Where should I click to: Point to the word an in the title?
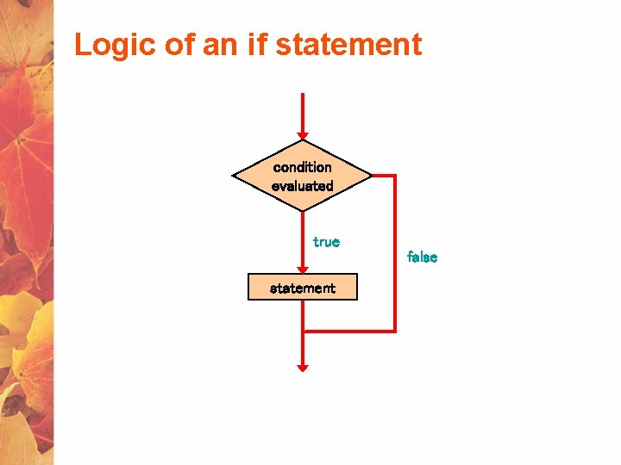[x=220, y=45]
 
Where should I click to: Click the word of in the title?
[x=180, y=45]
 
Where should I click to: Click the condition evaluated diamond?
[x=302, y=176]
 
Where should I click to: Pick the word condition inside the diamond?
[x=302, y=167]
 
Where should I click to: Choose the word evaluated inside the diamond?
[x=302, y=186]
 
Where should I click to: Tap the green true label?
[x=326, y=242]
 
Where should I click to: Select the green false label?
[x=422, y=257]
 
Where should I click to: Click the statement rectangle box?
[x=302, y=288]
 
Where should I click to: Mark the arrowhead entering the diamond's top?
[x=302, y=135]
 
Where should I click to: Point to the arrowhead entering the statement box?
[x=302, y=270]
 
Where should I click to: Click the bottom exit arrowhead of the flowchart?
[x=302, y=368]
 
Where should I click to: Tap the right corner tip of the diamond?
[x=370, y=176]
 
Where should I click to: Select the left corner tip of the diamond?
[x=234, y=176]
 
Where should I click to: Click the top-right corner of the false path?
[x=394, y=176]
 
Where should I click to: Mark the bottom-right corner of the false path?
[x=394, y=331]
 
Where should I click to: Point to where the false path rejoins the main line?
[x=303, y=331]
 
